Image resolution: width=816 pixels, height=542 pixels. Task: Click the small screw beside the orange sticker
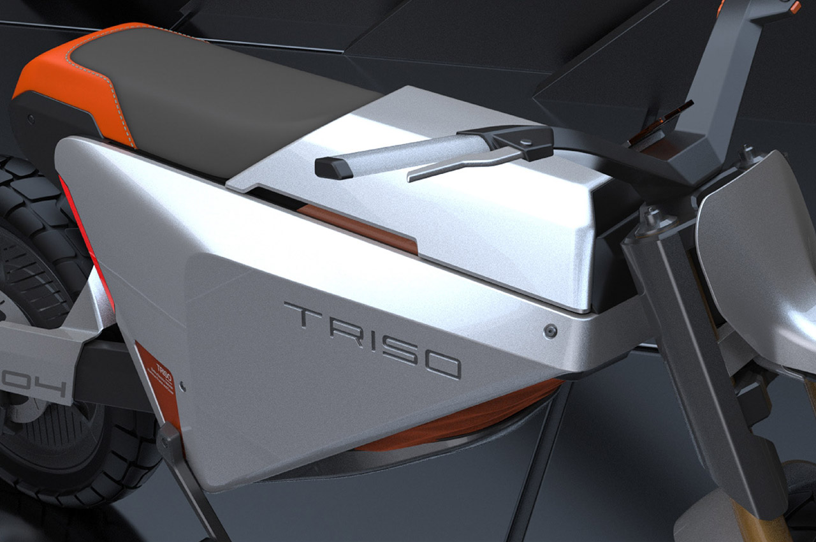coord(183,385)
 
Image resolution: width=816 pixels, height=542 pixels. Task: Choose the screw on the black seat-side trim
coord(32,119)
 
